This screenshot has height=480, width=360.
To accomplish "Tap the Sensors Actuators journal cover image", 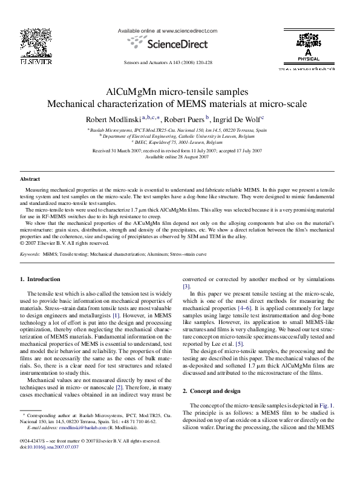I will [x=307, y=46].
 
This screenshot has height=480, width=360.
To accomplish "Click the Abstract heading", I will [x=30, y=180].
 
